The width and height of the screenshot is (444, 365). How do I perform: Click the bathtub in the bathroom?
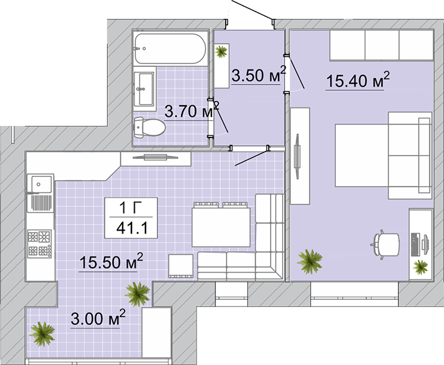click(170, 48)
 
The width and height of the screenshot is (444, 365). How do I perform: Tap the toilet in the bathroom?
click(150, 127)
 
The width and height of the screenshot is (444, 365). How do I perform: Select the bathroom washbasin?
click(144, 89)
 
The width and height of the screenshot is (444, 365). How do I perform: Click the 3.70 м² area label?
click(192, 111)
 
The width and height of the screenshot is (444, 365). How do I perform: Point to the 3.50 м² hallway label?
click(259, 74)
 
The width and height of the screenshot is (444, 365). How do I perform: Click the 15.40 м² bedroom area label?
click(358, 80)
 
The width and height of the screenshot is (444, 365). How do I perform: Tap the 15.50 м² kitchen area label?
click(111, 261)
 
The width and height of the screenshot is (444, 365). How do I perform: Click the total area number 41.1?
click(132, 228)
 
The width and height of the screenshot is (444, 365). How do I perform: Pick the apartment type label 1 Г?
click(131, 208)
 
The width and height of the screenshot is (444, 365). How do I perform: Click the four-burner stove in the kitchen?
click(40, 243)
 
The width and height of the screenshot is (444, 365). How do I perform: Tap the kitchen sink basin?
click(41, 184)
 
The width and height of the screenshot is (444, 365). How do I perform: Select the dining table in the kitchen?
click(221, 227)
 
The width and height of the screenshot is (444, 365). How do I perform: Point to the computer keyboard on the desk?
click(415, 244)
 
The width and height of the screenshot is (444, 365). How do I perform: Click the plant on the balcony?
click(43, 334)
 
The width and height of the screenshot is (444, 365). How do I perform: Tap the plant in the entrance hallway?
click(221, 52)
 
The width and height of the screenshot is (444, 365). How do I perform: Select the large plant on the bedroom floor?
click(310, 262)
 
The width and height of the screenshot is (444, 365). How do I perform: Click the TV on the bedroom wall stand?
click(297, 156)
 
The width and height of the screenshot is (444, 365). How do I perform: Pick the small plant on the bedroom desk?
click(420, 267)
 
